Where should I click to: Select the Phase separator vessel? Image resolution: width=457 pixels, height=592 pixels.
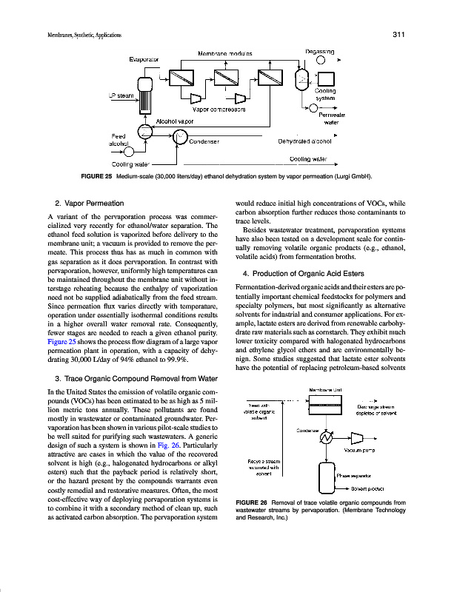(324, 474)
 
